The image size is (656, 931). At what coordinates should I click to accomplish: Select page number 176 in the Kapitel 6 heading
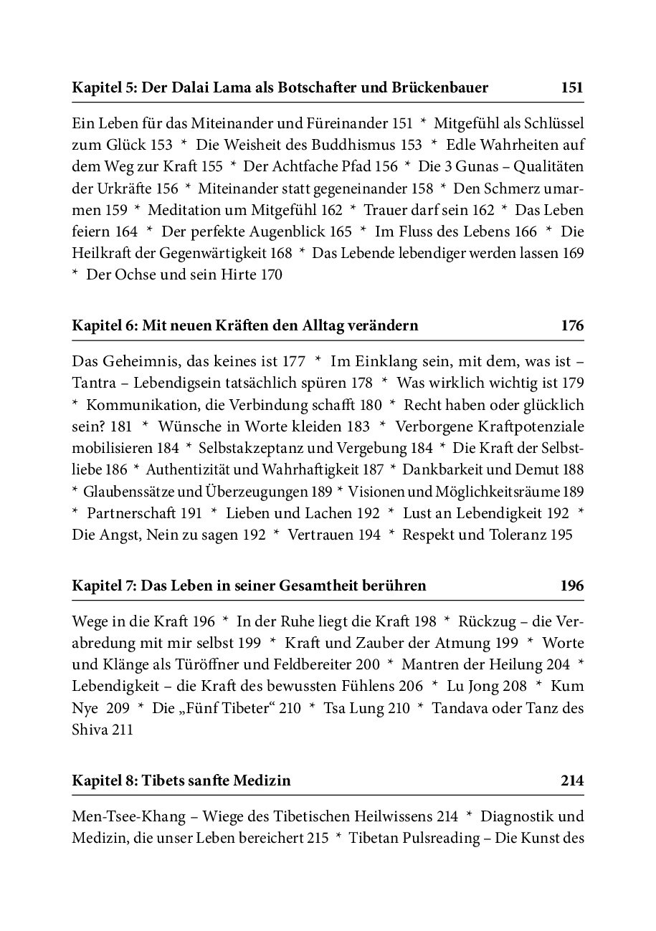572,326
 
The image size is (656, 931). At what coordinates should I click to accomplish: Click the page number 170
270,275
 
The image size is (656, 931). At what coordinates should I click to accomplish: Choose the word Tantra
94,383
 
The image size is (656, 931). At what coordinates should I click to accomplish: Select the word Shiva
91,730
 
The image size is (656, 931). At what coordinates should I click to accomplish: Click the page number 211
122,730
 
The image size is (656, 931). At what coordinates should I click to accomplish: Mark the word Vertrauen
320,535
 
